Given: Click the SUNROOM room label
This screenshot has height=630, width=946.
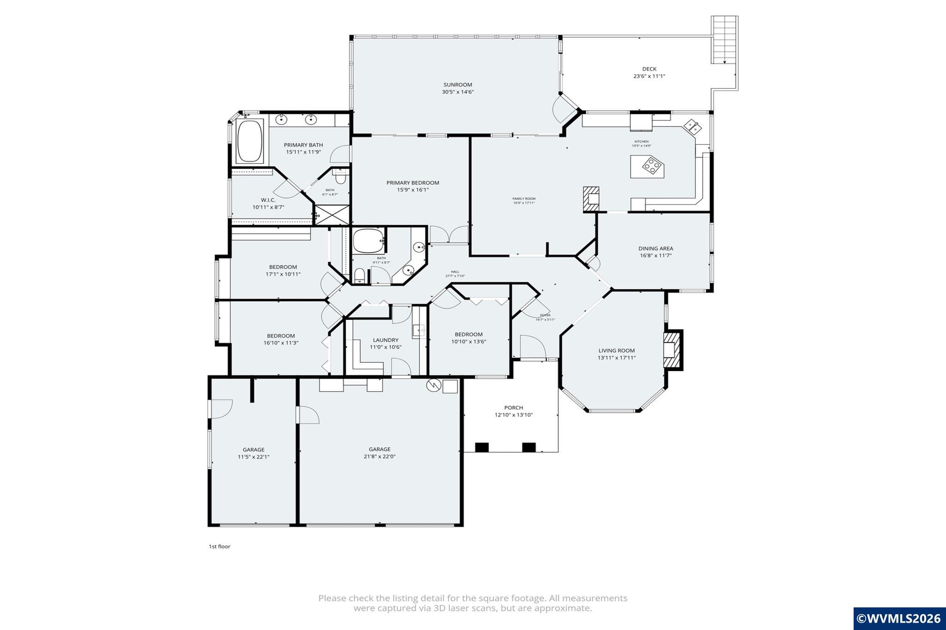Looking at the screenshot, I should click(457, 85).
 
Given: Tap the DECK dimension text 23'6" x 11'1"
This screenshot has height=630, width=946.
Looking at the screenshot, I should click(649, 77).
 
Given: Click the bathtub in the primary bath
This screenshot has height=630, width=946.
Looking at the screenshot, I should click(249, 141).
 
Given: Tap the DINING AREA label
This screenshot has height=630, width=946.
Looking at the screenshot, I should click(655, 248).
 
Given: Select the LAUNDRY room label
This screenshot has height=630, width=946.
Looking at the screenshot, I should click(385, 340).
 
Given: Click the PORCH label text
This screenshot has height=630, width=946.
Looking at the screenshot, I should click(513, 408).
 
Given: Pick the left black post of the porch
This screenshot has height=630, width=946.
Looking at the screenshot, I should click(482, 447).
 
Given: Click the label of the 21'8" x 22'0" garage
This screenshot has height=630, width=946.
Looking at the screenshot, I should click(379, 449).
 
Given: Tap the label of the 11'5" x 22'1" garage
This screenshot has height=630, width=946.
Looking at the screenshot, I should click(254, 450).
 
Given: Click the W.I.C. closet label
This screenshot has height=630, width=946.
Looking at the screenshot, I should click(268, 200).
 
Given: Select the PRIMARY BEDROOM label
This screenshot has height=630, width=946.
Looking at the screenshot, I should click(412, 183).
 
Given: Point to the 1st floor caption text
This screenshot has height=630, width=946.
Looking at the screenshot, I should click(219, 546).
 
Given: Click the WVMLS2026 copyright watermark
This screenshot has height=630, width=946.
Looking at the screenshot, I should click(899, 618).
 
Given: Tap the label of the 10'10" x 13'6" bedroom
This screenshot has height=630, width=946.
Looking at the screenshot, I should click(468, 335).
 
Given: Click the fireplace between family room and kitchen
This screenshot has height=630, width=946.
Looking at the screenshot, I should click(591, 199).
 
